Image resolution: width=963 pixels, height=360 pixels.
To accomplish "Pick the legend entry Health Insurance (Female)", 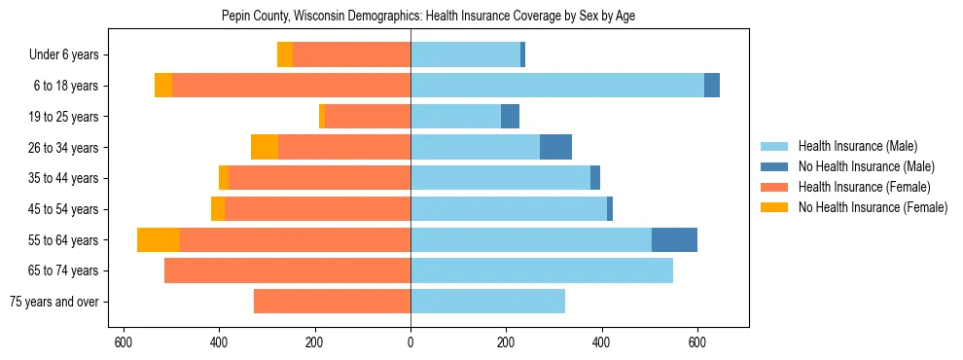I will click(857, 187).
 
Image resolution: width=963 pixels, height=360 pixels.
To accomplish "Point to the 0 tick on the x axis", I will click(410, 342).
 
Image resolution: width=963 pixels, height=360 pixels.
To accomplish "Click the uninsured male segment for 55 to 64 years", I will click(674, 240).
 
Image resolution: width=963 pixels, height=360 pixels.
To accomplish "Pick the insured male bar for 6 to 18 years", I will click(557, 86).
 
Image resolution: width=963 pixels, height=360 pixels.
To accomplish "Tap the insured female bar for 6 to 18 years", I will click(291, 86).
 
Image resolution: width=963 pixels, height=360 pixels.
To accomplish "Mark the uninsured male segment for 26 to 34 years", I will click(555, 148).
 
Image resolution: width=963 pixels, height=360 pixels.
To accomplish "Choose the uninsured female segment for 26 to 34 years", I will click(265, 148).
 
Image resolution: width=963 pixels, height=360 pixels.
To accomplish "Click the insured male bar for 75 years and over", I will click(487, 302).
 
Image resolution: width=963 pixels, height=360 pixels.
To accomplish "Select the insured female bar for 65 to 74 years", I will click(287, 270).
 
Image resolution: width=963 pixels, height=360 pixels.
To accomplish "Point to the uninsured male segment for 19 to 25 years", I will click(510, 117).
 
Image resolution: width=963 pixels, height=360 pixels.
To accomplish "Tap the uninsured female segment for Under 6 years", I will click(285, 55).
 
